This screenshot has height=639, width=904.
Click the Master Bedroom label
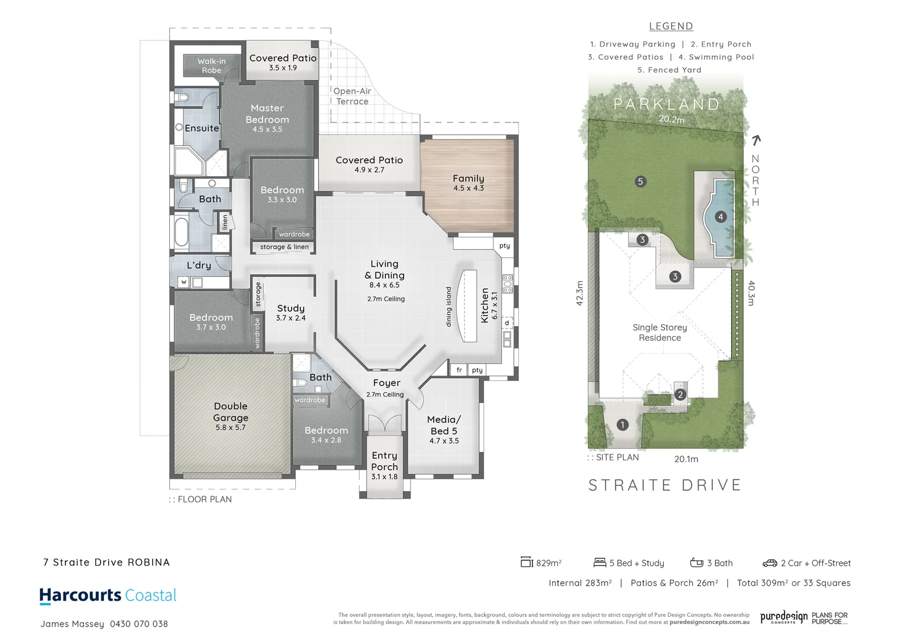coord(267,114)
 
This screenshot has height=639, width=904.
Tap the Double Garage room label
coord(231,412)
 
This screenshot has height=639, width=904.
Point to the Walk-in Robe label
coord(211,66)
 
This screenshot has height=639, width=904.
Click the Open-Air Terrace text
coord(352,96)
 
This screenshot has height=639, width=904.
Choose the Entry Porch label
coord(385,461)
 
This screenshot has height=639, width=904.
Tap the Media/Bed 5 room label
coord(444,425)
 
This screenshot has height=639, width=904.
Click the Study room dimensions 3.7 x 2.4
coord(290,318)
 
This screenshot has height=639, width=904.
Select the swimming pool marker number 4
coord(720,217)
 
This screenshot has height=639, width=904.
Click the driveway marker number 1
coord(622,425)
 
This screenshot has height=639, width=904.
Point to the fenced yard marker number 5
coord(640,182)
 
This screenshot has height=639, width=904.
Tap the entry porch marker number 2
coord(680,395)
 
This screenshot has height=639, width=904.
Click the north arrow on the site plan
coord(756,140)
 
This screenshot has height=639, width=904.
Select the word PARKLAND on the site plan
coord(667,104)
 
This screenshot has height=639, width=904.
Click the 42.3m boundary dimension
coord(580,293)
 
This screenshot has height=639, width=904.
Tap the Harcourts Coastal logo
coord(108,596)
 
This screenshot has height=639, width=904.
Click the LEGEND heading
coord(671,26)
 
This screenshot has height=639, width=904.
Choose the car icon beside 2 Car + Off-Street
coord(769,563)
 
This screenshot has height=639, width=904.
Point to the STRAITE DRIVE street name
coord(665,485)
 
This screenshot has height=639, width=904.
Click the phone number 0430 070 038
coord(138,624)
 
